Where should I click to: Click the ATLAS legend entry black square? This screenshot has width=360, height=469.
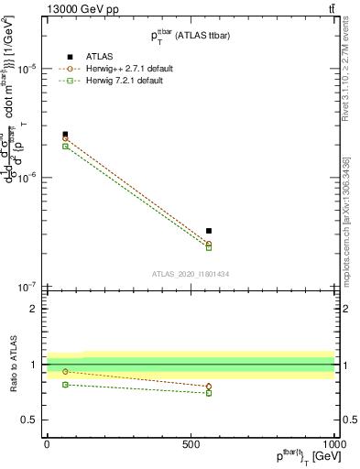(x=65, y=57)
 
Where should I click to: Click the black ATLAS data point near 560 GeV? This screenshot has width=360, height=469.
(x=209, y=231)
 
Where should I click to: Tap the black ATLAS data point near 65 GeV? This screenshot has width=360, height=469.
(x=65, y=134)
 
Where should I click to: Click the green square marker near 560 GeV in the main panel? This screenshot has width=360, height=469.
(x=209, y=247)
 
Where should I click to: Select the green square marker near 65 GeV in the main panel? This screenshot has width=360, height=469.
(x=65, y=147)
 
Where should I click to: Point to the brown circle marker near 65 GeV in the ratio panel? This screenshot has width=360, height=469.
(x=65, y=371)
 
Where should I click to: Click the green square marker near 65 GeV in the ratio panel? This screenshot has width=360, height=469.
(x=65, y=385)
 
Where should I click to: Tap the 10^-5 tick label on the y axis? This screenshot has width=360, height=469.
(x=26, y=69)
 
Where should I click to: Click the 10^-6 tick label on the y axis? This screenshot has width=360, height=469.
(x=26, y=177)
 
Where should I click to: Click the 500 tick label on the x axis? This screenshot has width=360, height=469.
(x=191, y=443)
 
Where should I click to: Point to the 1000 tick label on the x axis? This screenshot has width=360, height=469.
(x=333, y=443)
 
